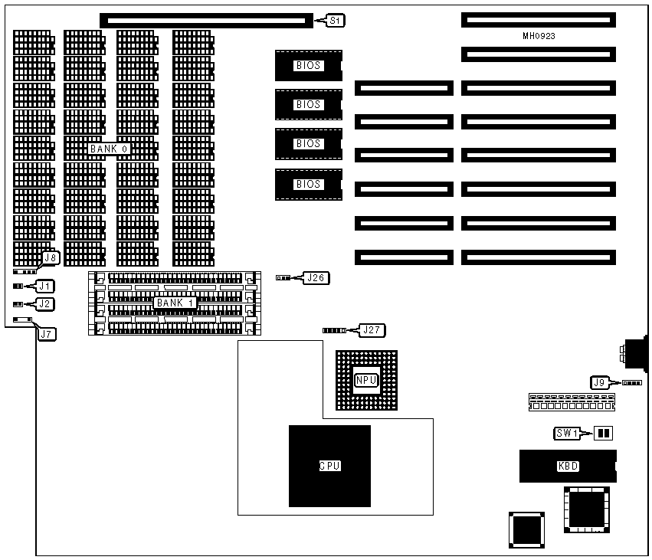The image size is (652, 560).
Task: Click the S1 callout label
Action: (336, 21)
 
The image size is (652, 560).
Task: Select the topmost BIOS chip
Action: (308, 66)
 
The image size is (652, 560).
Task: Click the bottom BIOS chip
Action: (308, 184)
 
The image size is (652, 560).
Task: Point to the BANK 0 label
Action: (108, 149)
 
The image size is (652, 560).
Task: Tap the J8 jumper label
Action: (50, 258)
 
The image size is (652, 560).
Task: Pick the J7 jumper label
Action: (47, 333)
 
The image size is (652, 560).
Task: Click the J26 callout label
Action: (316, 277)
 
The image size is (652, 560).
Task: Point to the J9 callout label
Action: (601, 382)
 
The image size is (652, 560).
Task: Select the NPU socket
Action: (366, 379)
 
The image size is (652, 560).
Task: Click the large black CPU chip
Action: (329, 466)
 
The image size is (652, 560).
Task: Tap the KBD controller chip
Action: (568, 467)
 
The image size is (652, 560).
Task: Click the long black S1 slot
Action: (207, 20)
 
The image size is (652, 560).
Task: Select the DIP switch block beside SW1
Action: (604, 434)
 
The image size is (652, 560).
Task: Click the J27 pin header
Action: (334, 330)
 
